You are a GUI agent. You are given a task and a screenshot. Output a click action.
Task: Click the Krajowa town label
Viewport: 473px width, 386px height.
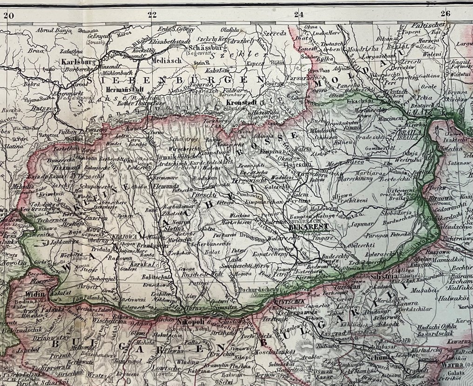pyautogui.click(x=124, y=236)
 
